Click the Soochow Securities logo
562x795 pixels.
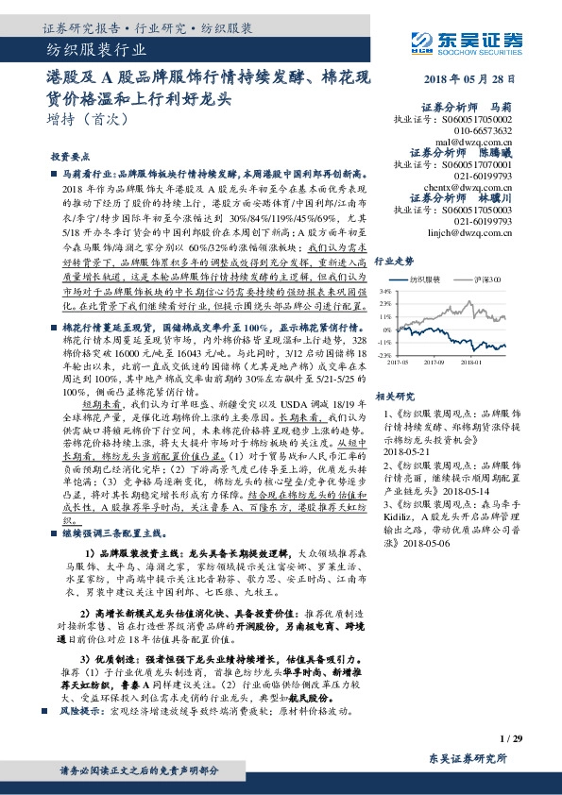pyautogui.click(x=463, y=40)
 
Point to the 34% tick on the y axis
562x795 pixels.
pyautogui.click(x=385, y=293)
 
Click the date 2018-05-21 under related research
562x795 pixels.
pyautogui.click(x=407, y=425)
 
